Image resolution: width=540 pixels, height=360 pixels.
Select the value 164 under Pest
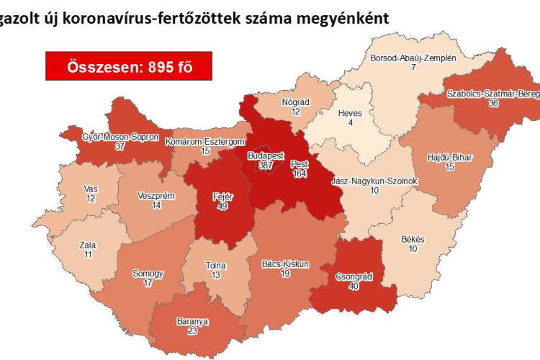pyautogui.click(x=299, y=174)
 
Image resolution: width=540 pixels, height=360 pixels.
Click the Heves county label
pyautogui.click(x=350, y=113)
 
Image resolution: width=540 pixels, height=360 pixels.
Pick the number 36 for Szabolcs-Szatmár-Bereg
pyautogui.click(x=493, y=104)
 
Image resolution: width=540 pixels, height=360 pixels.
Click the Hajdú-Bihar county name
pyautogui.click(x=449, y=157)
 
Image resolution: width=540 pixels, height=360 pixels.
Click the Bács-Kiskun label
pyautogui.click(x=285, y=264)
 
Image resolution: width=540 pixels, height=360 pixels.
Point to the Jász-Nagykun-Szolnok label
pyautogui.click(x=374, y=180)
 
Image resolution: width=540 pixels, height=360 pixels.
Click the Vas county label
pyautogui.click(x=90, y=189)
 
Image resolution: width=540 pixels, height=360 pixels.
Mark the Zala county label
pyautogui.click(x=88, y=246)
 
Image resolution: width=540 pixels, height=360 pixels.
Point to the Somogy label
pyautogui.click(x=148, y=274)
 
